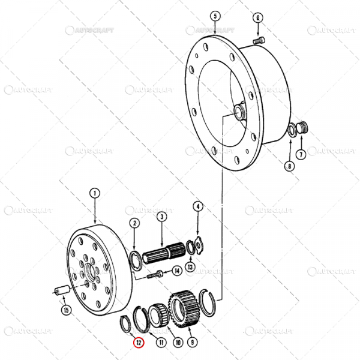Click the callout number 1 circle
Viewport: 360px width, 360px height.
[x=94, y=193]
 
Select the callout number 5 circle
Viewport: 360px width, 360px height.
[x=215, y=16]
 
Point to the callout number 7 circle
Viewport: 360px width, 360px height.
[x=301, y=154]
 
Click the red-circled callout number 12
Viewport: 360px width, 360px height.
[x=139, y=344]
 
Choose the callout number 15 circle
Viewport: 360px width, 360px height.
[x=66, y=310]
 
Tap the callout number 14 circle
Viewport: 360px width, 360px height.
[x=176, y=271]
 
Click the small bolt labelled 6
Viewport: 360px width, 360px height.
[x=259, y=40]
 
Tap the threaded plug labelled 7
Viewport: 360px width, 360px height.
[x=302, y=128]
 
